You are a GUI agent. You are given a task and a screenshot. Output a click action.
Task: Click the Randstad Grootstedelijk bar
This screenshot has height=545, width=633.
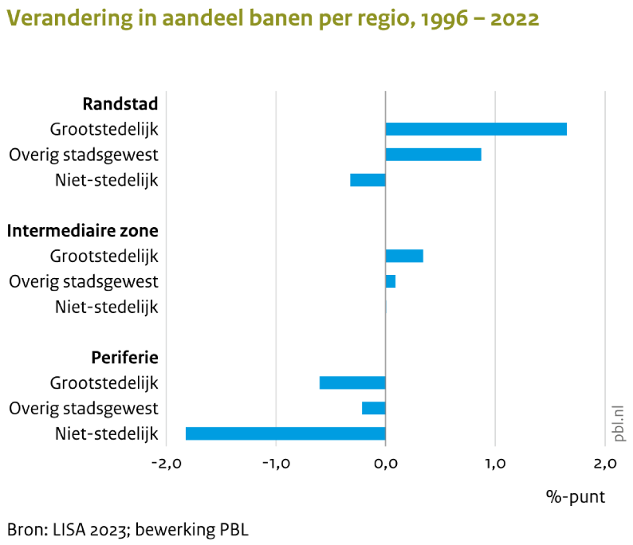(476, 129)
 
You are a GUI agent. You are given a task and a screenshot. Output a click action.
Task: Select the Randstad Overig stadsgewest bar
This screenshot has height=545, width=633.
(433, 155)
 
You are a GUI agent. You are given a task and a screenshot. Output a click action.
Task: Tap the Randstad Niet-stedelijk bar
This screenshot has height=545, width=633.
(368, 180)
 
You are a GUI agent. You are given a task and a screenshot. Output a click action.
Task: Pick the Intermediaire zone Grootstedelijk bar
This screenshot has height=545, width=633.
(404, 256)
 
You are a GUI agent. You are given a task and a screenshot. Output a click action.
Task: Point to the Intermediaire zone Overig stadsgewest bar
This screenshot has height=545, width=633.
(391, 281)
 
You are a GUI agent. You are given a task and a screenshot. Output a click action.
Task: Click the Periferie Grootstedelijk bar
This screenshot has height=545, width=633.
(352, 382)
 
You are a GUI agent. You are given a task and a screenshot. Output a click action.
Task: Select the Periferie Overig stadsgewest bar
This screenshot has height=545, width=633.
(374, 408)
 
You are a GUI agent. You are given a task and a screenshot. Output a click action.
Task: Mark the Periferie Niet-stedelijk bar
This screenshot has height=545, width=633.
(285, 433)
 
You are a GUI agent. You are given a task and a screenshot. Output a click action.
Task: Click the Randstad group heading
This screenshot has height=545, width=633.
(120, 104)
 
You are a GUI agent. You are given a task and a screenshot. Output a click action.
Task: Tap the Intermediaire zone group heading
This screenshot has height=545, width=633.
(83, 230)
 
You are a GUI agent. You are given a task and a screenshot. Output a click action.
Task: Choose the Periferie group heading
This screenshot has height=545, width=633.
(123, 357)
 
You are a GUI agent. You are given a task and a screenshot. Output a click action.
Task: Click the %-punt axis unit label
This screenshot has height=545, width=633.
(575, 497)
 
